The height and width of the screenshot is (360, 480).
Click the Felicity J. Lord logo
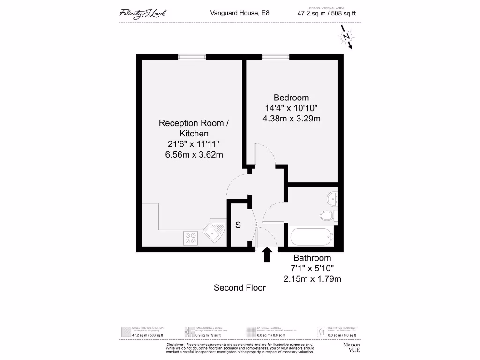142,13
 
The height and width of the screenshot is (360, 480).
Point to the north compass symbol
346,37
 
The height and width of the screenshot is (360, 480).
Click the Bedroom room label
291,97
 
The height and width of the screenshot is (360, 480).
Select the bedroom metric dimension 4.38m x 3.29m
291,119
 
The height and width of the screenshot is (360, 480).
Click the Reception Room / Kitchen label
194,128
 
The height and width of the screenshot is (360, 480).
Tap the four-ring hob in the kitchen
191,238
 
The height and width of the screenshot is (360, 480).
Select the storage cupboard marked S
238,225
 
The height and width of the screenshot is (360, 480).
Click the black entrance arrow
267,255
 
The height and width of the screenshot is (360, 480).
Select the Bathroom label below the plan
312,258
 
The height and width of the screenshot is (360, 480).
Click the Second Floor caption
240,287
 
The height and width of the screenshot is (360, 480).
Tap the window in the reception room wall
192,57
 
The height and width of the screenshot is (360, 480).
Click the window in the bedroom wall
275,57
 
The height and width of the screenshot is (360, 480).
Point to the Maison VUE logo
351,347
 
